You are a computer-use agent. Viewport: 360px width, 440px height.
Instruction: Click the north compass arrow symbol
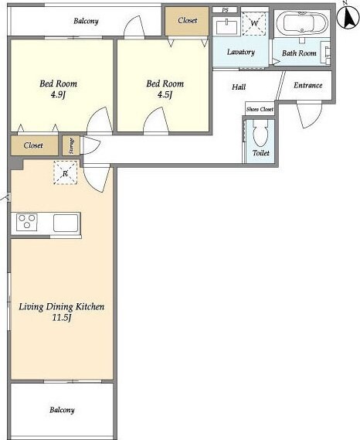(348, 17)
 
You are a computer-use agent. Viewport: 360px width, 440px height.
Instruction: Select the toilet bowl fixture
(260, 134)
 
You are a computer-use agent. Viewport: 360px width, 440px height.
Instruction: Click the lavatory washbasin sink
(226, 26)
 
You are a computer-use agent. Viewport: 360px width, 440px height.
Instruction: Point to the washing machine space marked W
(254, 23)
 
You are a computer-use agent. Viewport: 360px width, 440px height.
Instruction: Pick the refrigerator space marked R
(66, 172)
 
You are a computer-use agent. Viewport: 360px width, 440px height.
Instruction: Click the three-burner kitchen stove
(27, 222)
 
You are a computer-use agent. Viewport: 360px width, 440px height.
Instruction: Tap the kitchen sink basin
(66, 223)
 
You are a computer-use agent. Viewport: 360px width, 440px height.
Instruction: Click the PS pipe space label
(225, 10)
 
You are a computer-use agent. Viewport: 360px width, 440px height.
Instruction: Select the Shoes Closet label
(260, 110)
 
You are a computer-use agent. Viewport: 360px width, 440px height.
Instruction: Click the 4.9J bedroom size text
(58, 95)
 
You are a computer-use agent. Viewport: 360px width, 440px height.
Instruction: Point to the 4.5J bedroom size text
(165, 94)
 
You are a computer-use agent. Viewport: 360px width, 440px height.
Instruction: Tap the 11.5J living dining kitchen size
(62, 318)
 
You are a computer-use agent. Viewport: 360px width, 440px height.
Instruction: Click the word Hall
(239, 87)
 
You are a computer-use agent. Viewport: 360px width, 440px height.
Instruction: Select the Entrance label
(307, 85)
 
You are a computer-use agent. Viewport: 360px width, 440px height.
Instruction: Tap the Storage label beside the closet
(71, 145)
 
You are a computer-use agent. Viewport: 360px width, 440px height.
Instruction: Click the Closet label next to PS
(187, 20)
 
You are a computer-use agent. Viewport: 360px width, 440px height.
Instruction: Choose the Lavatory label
(240, 52)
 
